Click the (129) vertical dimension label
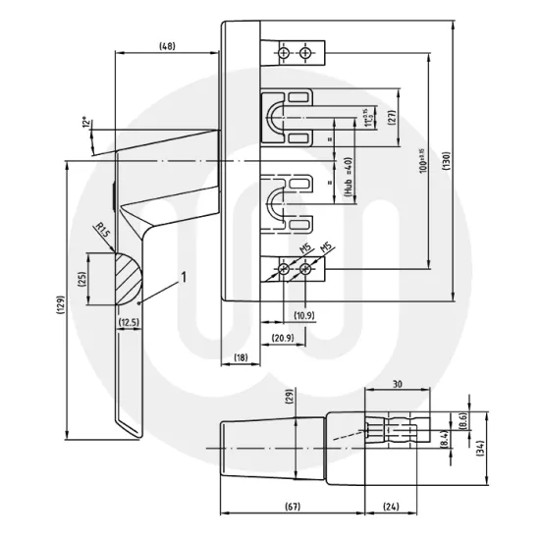[60, 304]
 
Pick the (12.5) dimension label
[130, 322]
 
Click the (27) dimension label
[391, 116]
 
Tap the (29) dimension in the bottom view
[289, 397]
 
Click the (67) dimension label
[292, 507]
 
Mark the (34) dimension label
[480, 449]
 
